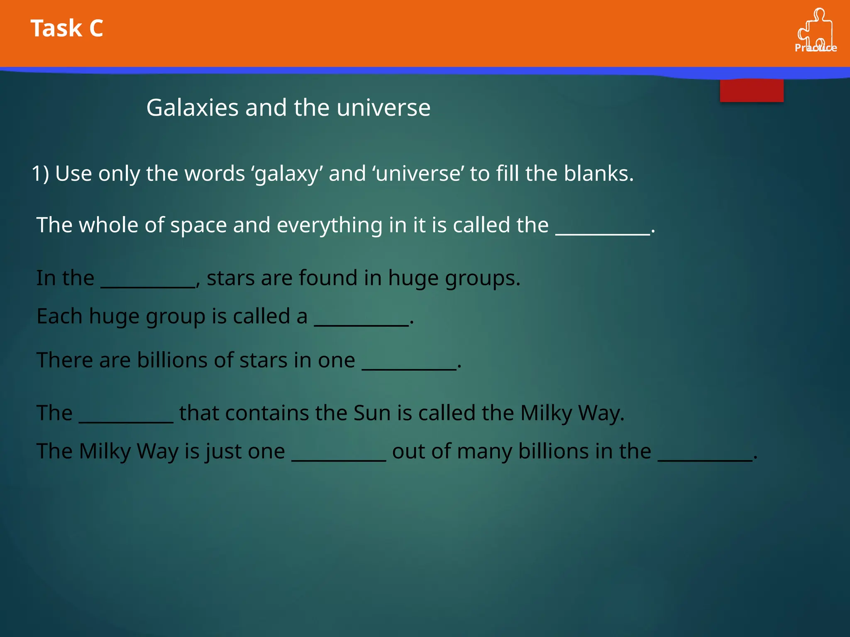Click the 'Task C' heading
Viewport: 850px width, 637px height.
[67, 28]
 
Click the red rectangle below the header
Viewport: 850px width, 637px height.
[751, 90]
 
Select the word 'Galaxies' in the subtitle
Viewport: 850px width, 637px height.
[193, 108]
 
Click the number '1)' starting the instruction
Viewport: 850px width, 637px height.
[40, 173]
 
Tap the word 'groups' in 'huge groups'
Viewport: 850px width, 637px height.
[480, 278]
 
